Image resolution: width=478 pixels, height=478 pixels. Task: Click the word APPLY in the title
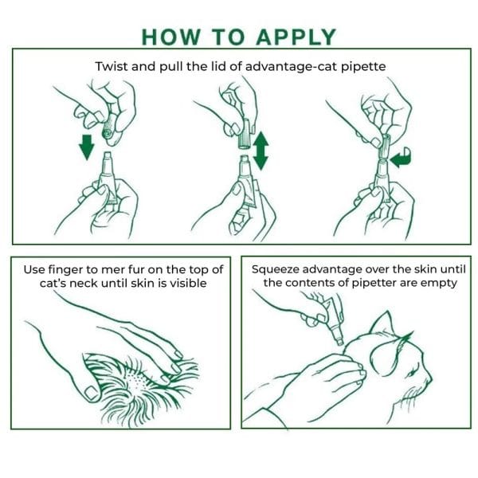(296, 37)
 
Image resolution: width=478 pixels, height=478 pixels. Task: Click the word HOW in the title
(170, 37)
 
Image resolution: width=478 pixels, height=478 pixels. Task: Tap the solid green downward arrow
(87, 147)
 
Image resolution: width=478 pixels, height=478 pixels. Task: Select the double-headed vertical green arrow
(261, 151)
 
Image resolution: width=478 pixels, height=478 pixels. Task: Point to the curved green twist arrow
(401, 158)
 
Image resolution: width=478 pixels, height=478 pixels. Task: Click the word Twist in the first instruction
(112, 66)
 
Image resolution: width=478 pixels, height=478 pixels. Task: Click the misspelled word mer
(113, 270)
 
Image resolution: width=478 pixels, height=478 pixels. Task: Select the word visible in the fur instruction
(188, 283)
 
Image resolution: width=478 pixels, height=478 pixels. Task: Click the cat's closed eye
(412, 373)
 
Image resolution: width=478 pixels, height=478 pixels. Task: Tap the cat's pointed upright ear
(382, 325)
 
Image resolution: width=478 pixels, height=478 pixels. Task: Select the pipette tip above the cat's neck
(339, 341)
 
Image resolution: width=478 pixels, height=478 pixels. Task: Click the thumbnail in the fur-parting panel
(91, 394)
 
